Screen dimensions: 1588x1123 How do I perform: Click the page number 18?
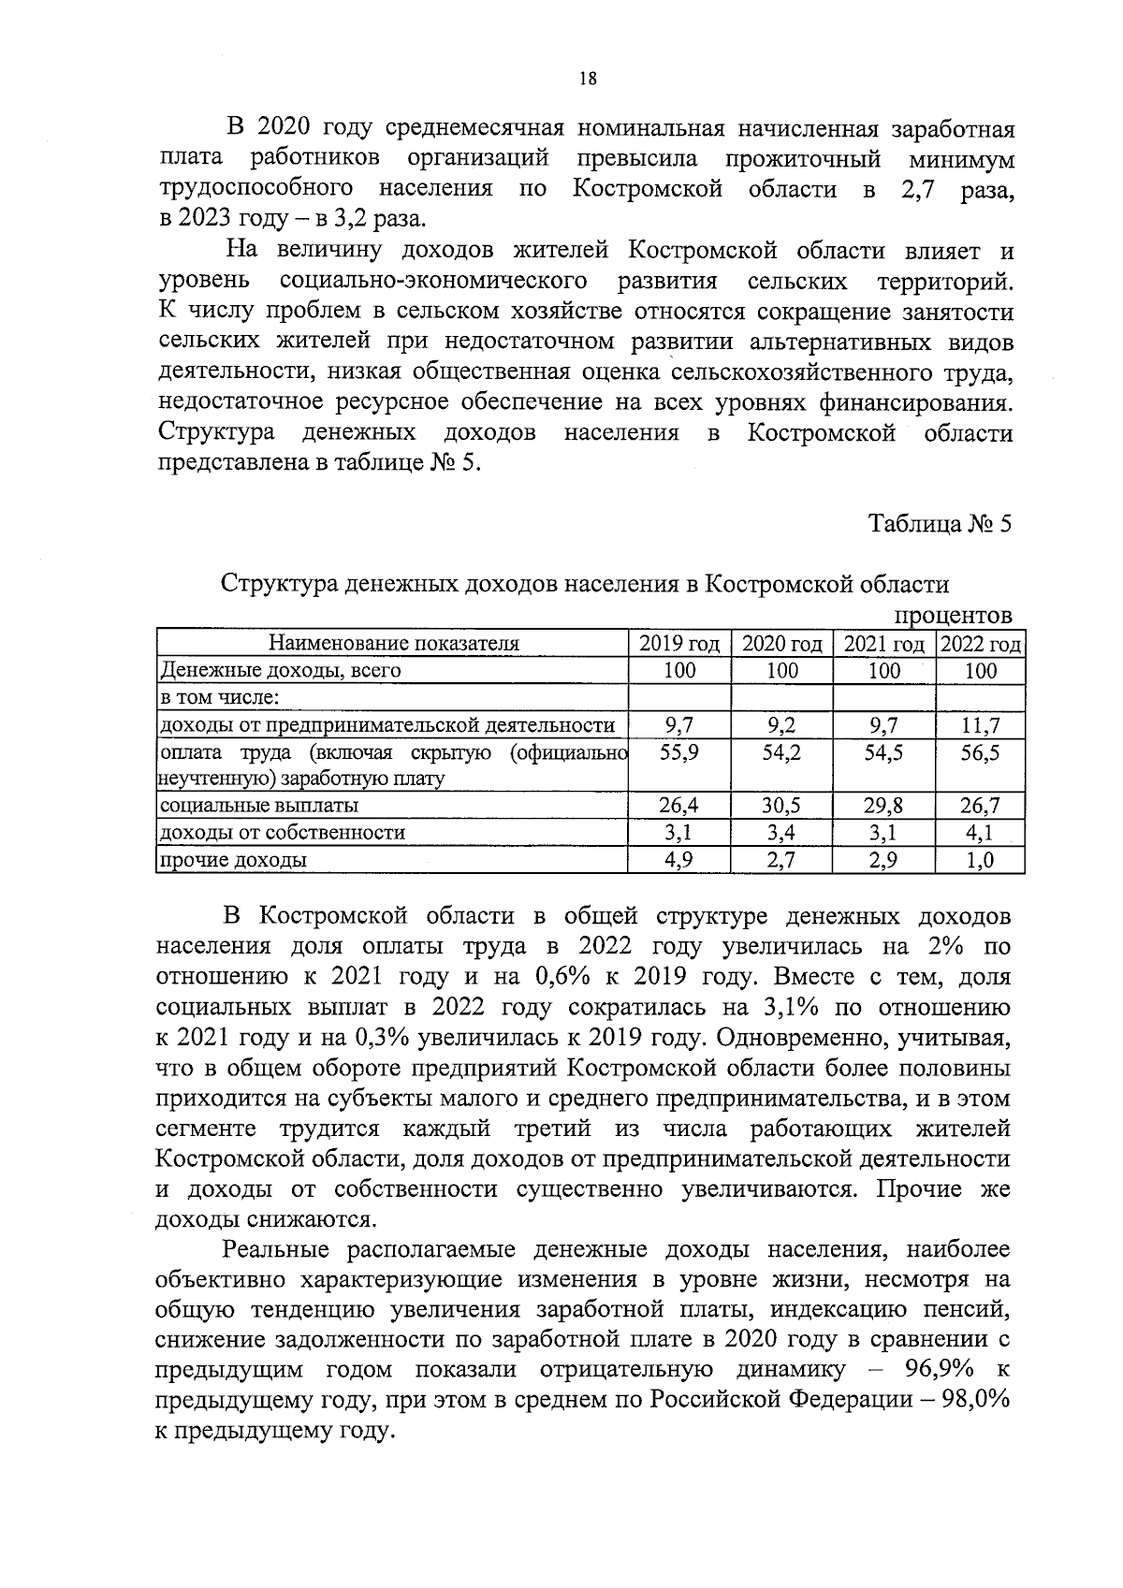coord(588,79)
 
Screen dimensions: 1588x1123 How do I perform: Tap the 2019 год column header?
coord(679,644)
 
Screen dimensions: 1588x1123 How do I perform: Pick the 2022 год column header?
coord(981,644)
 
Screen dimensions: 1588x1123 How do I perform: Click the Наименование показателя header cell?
coord(393,644)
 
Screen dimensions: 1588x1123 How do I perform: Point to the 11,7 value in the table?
coord(981,725)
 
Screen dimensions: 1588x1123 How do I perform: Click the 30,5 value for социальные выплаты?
coord(781,806)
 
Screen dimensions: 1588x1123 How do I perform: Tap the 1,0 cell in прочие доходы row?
coord(981,860)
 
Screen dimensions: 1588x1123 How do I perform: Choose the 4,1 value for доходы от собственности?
coord(981,833)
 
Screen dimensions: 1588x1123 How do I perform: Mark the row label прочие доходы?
coord(233,860)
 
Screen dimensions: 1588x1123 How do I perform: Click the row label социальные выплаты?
coord(259,806)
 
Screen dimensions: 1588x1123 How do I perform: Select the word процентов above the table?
coord(954,616)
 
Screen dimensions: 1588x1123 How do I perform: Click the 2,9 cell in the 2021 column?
coord(883,860)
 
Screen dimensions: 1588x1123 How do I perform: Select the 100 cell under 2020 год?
coord(781,671)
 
